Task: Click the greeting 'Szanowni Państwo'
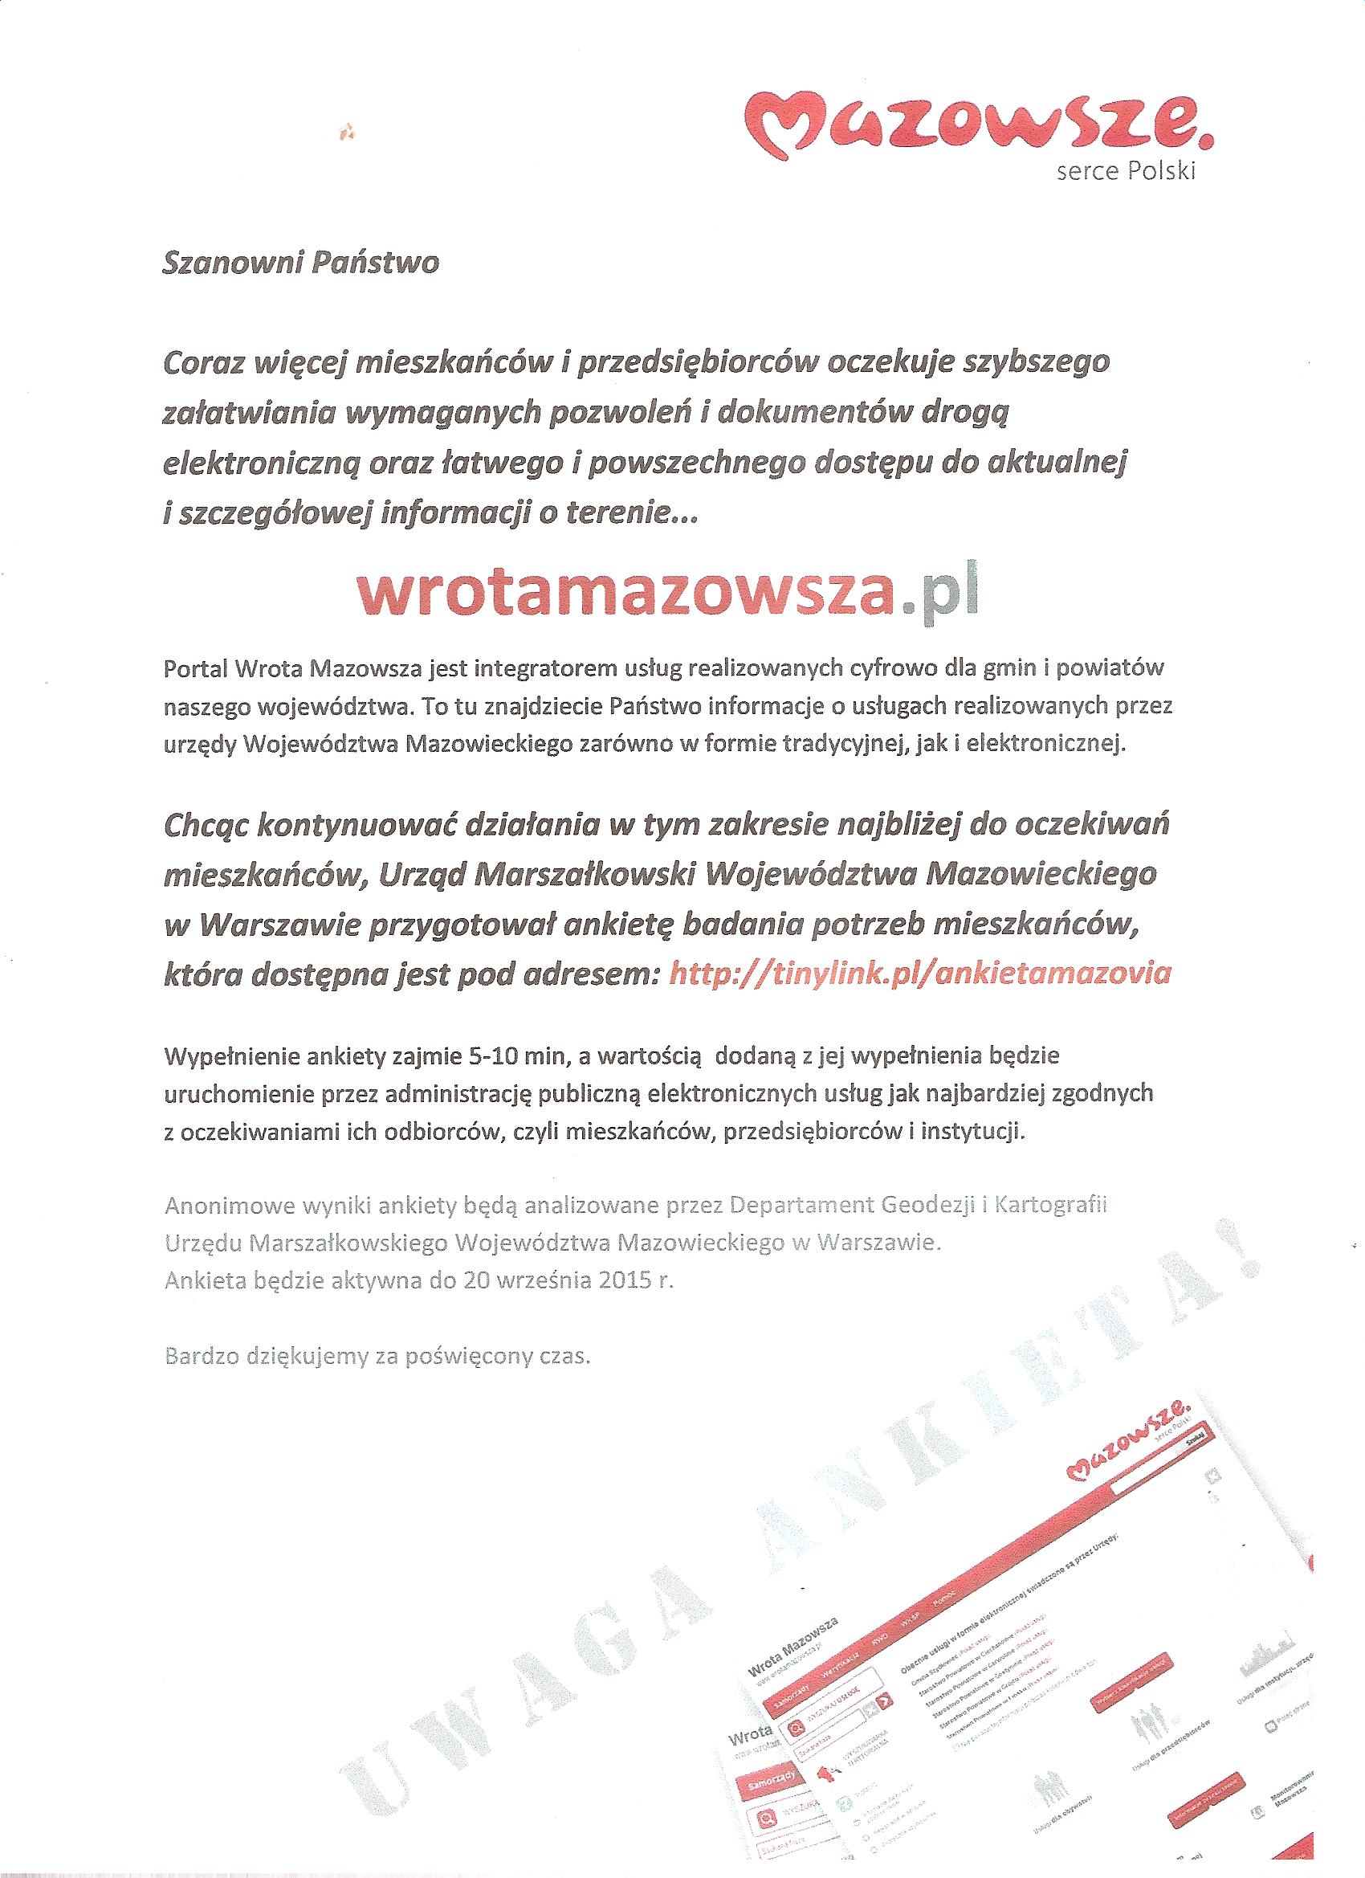(x=302, y=263)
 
